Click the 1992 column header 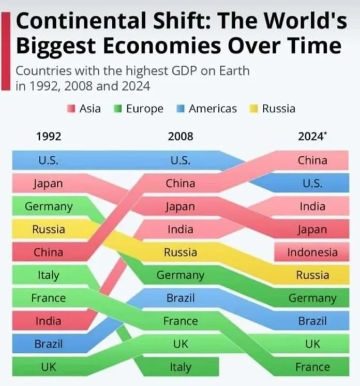[49, 137]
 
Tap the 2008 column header [181, 137]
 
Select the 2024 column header [312, 137]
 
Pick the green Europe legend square [117, 109]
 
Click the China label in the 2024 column [312, 160]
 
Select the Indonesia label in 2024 [312, 253]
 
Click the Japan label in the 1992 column [48, 184]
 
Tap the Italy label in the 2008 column [181, 367]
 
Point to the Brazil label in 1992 [48, 344]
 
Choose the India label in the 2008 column [181, 229]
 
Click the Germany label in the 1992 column [48, 206]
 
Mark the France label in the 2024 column [312, 367]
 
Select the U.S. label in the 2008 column [181, 160]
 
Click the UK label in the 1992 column [48, 367]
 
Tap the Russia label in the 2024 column [312, 275]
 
